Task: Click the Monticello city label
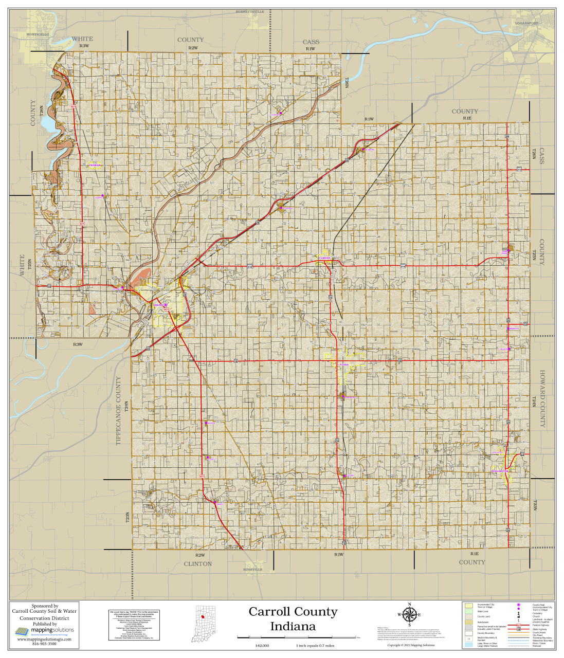click(38, 34)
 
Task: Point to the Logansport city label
click(527, 23)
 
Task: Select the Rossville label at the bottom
click(253, 570)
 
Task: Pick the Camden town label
click(324, 258)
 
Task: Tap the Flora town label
click(344, 364)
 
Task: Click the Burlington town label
click(500, 471)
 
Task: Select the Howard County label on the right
click(542, 399)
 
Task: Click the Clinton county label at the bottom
click(198, 564)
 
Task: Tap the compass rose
click(409, 615)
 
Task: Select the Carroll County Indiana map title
click(293, 619)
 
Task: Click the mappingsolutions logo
click(44, 630)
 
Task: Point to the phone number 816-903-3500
click(44, 644)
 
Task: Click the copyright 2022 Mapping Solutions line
click(411, 645)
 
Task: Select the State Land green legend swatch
click(468, 611)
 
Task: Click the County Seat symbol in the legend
click(519, 605)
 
